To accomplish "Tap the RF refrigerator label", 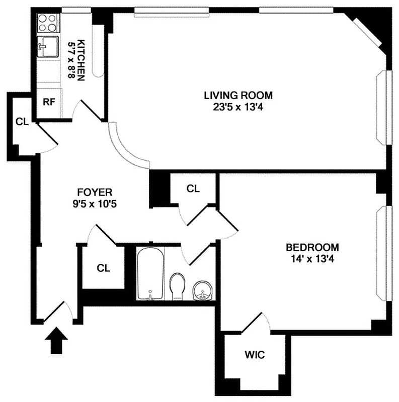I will [49, 102].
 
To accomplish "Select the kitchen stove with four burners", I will [48, 23].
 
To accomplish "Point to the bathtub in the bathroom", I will [149, 273].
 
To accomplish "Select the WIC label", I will [254, 355].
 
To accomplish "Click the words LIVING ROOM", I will [238, 94].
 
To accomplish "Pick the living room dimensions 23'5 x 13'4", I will [238, 106].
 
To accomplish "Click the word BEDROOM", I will [312, 247].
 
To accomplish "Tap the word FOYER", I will [95, 192].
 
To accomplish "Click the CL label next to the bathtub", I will [103, 268].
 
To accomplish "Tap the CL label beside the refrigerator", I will [22, 121].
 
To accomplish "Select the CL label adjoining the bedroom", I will [193, 188].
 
